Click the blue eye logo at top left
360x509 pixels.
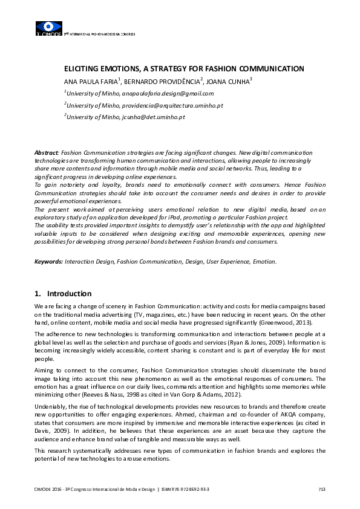49,27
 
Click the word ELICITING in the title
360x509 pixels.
83,69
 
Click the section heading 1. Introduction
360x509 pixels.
63,294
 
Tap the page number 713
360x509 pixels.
321,488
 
